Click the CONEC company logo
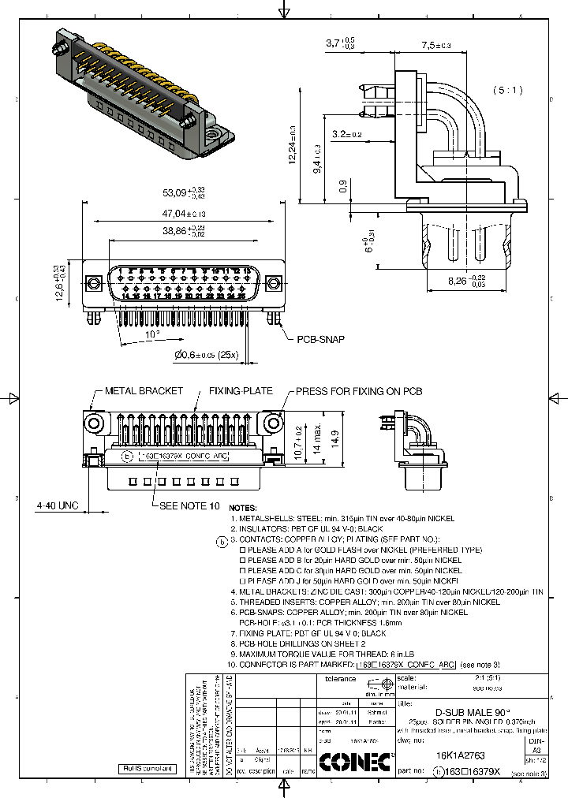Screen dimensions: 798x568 point(355,761)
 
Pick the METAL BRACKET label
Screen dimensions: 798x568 point(144,391)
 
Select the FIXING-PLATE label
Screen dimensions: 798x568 point(241,391)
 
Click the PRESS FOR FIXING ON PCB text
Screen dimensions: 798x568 point(359,391)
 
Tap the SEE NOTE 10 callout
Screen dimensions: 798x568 point(189,505)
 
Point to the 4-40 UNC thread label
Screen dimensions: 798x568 point(58,505)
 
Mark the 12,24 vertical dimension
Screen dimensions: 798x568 point(292,147)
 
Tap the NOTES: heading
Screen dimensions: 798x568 point(243,509)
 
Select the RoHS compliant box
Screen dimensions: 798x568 point(145,767)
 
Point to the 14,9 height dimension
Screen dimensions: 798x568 point(335,434)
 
